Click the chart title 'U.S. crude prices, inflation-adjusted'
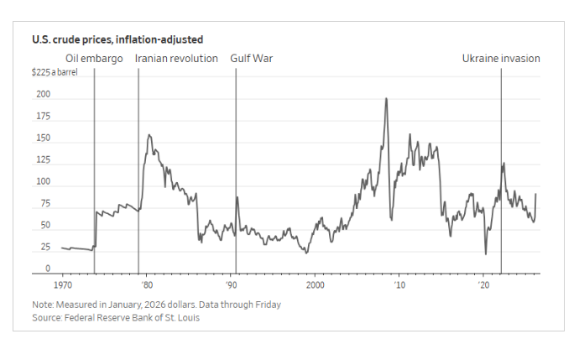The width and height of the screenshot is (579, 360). [x=117, y=39]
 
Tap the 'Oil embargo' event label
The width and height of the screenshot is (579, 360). [x=94, y=59]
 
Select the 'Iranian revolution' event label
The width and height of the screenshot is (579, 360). [x=177, y=59]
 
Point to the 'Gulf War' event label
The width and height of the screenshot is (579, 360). [x=252, y=59]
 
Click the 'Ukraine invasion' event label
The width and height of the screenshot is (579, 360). [x=501, y=59]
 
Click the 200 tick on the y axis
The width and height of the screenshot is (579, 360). [x=43, y=95]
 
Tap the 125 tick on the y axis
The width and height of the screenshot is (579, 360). [x=43, y=160]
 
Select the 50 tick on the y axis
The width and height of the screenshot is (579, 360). [x=44, y=226]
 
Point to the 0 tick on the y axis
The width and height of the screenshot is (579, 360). [x=48, y=269]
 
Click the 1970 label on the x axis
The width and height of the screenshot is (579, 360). [x=63, y=285]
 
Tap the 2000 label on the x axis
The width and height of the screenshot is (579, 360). [x=316, y=285]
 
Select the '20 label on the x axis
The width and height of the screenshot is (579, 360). [x=484, y=285]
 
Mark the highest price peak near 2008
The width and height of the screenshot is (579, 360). [x=386, y=98]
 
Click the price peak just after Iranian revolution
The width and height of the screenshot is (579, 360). [x=149, y=134]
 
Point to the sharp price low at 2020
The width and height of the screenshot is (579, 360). [x=486, y=253]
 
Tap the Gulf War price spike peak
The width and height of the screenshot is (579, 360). [x=237, y=197]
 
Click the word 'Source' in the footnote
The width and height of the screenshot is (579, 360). [x=47, y=317]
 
